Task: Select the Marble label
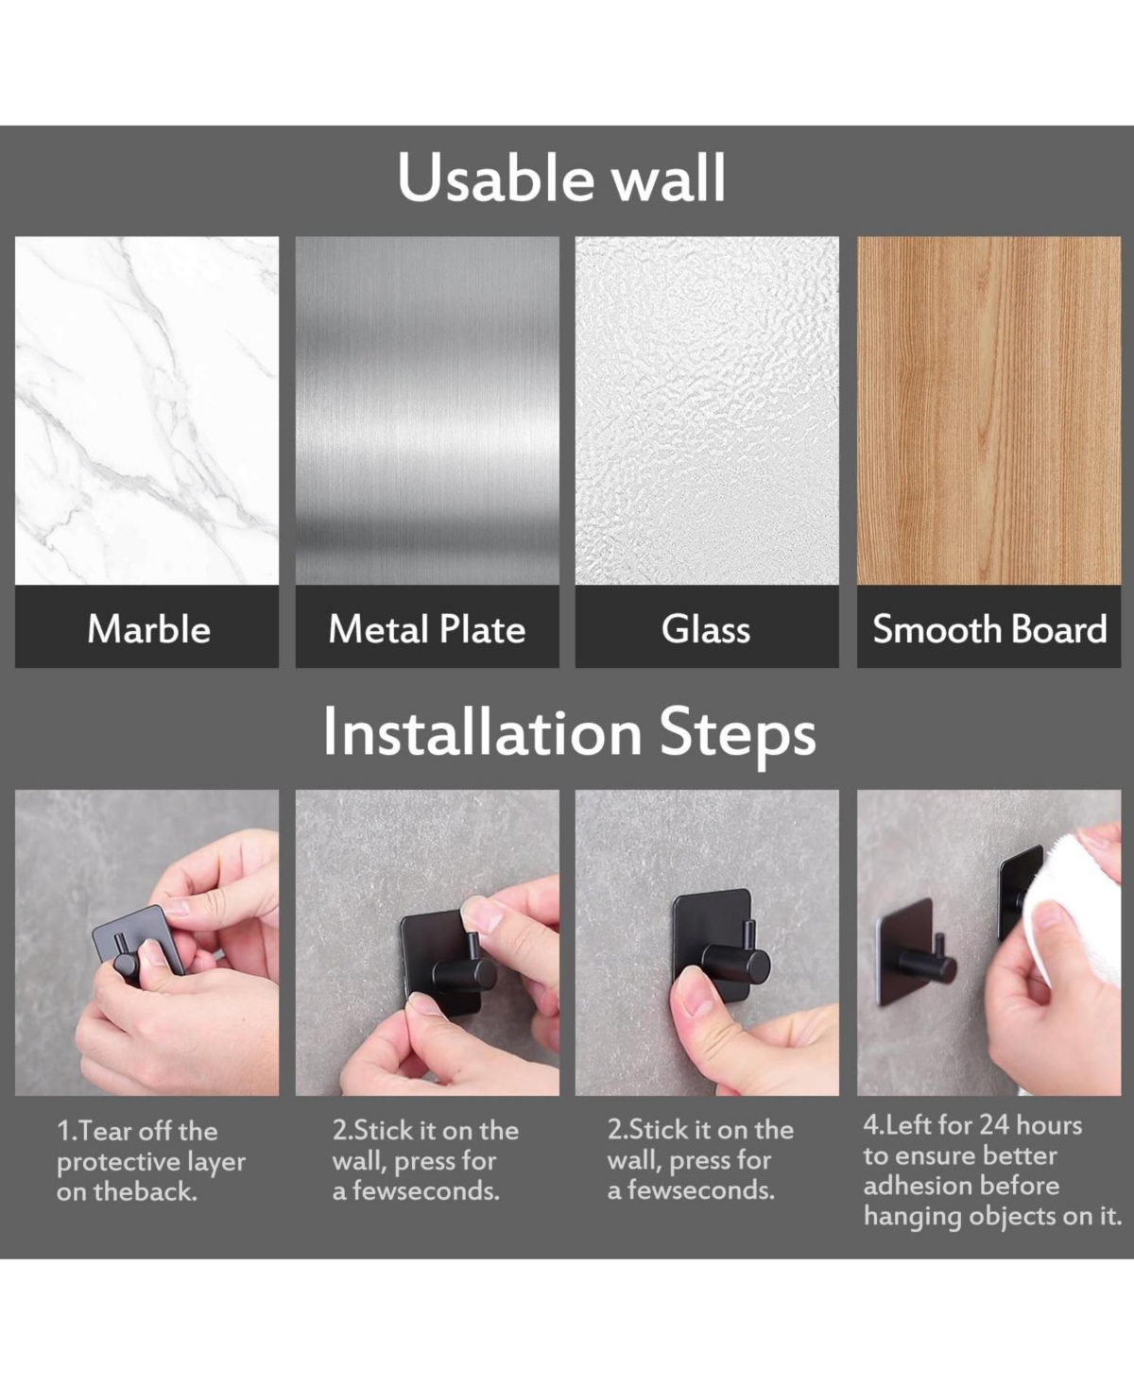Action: [149, 629]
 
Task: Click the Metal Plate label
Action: [427, 629]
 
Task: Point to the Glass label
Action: [706, 629]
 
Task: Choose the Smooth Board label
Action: [989, 629]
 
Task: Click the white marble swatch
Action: [146, 410]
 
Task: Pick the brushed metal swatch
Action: [427, 410]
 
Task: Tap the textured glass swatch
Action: [707, 410]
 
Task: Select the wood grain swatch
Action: [988, 410]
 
